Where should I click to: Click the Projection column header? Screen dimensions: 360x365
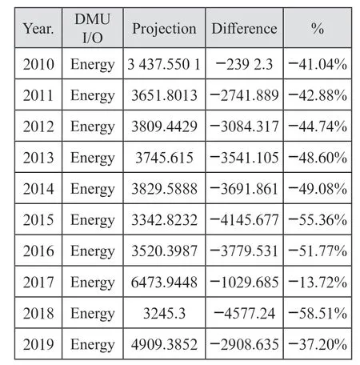click(164, 29)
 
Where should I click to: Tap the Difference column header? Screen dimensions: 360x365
click(244, 29)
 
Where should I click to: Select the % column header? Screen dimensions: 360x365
click(318, 28)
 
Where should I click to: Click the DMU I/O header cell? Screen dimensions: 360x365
click(93, 28)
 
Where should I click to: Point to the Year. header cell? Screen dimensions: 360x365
click(38, 29)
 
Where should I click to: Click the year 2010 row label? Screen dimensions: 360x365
click(38, 64)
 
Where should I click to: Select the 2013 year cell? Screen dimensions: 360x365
click(38, 158)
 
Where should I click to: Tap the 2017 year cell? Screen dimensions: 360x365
click(38, 282)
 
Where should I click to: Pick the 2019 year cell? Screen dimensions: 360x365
click(38, 344)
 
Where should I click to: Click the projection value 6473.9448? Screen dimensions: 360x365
click(164, 282)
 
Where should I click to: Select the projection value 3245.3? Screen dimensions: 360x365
click(164, 313)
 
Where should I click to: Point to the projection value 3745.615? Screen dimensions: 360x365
click(164, 158)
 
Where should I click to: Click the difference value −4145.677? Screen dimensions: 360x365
click(244, 220)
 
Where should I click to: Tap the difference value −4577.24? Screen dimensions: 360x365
click(244, 313)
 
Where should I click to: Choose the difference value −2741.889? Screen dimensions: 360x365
click(244, 95)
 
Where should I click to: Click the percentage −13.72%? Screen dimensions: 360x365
click(318, 282)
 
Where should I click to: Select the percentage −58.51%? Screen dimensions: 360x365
click(318, 313)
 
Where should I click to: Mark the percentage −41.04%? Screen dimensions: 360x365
click(318, 64)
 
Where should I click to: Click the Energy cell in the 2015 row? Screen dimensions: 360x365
click(93, 221)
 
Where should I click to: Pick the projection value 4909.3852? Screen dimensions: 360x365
click(164, 344)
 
